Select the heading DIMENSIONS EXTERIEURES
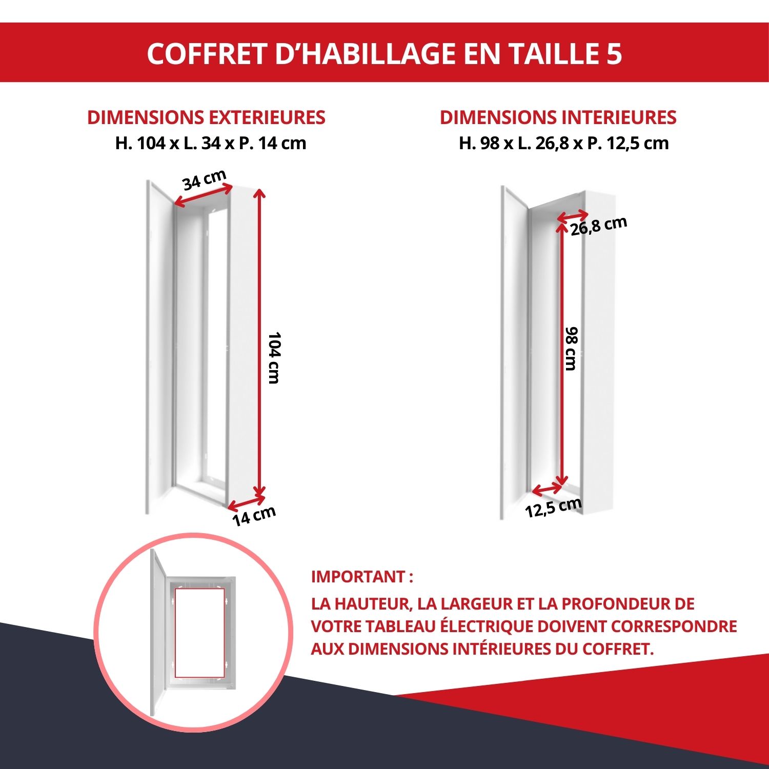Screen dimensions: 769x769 point(206,117)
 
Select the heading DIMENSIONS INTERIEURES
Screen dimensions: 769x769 point(558,117)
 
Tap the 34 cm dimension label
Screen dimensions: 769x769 point(204,179)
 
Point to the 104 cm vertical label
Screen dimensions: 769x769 point(274,357)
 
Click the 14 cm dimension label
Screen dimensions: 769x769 point(254,515)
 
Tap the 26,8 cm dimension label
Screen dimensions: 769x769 point(598,226)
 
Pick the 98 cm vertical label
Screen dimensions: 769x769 point(571,349)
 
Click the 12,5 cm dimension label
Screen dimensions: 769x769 point(553,508)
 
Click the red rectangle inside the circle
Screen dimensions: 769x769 point(199,633)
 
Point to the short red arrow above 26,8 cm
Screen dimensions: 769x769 point(573,216)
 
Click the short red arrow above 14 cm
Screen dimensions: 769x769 point(247,502)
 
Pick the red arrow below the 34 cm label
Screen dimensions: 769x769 point(203,196)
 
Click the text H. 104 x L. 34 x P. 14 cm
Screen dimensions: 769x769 point(210,143)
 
